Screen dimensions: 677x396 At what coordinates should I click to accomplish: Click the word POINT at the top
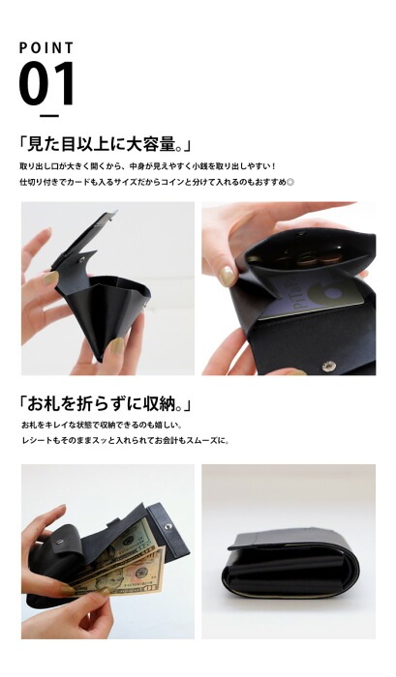pos(46,47)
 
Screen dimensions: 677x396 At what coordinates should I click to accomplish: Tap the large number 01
pos(46,84)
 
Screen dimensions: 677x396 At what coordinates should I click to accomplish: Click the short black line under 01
pos(48,115)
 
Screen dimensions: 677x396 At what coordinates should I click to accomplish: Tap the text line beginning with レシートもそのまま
pos(125,442)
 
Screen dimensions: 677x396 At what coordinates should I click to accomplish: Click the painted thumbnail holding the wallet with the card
pos(226,277)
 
